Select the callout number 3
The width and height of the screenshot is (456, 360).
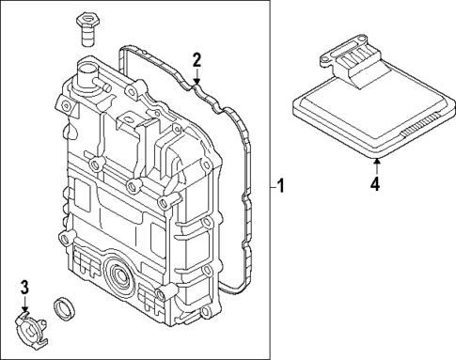(25, 287)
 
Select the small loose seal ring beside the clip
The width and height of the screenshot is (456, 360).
(65, 306)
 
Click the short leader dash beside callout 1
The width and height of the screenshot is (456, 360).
(269, 187)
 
